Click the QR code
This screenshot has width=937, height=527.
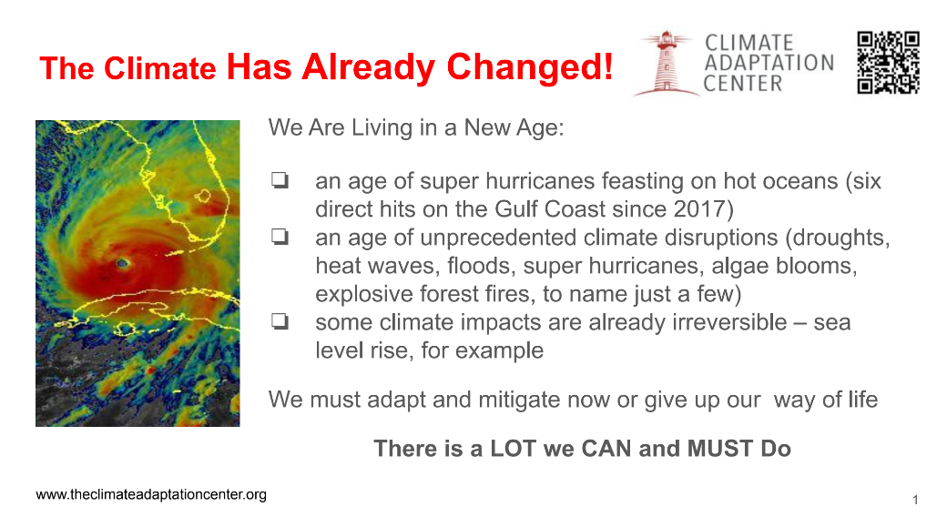click(888, 63)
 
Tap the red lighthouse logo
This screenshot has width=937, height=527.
click(666, 64)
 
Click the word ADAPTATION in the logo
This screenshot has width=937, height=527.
click(769, 63)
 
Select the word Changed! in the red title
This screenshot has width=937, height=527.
click(529, 66)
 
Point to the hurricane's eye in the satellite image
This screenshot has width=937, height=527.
click(123, 263)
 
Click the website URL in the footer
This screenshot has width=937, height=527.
click(151, 495)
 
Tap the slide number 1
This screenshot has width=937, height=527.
click(915, 500)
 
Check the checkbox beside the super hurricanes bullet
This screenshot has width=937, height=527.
click(280, 180)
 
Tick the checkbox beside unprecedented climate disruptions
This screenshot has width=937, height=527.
click(280, 237)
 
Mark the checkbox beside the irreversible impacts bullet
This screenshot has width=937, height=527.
click(280, 321)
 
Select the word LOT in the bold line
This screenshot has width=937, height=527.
click(512, 449)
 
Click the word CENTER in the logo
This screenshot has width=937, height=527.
click(743, 84)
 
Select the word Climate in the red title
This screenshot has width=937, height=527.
click(159, 68)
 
